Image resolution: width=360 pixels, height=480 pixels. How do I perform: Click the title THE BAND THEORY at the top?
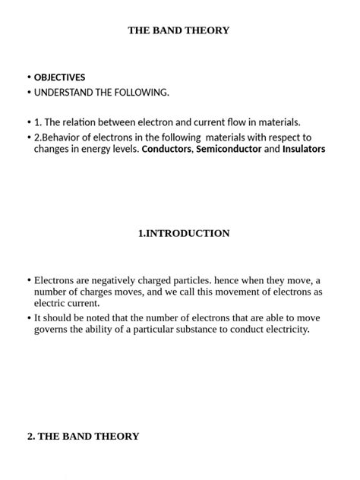(178, 30)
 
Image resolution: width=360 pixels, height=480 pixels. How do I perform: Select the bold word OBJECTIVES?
(59, 77)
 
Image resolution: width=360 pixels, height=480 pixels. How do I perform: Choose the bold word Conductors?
(167, 150)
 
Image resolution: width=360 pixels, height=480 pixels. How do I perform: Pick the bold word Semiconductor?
(229, 150)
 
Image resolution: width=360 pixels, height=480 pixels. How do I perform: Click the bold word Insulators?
(304, 150)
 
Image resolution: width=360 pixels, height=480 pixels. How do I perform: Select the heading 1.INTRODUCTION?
(184, 233)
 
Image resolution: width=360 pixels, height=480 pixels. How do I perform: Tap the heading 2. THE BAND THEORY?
(84, 437)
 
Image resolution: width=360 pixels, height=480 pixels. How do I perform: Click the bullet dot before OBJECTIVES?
(29, 77)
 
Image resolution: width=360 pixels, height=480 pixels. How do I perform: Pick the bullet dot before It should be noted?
(29, 318)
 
